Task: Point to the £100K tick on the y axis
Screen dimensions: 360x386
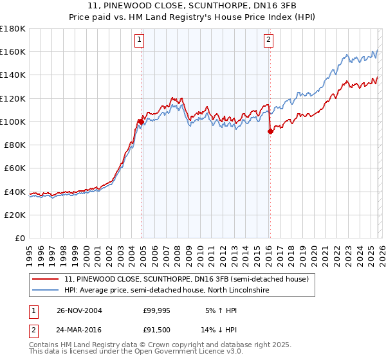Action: [x=13, y=122]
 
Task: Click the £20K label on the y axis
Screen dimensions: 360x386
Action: [x=15, y=215]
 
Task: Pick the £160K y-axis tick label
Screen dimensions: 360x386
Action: [x=13, y=51]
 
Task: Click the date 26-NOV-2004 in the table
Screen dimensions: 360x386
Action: [x=79, y=310]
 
